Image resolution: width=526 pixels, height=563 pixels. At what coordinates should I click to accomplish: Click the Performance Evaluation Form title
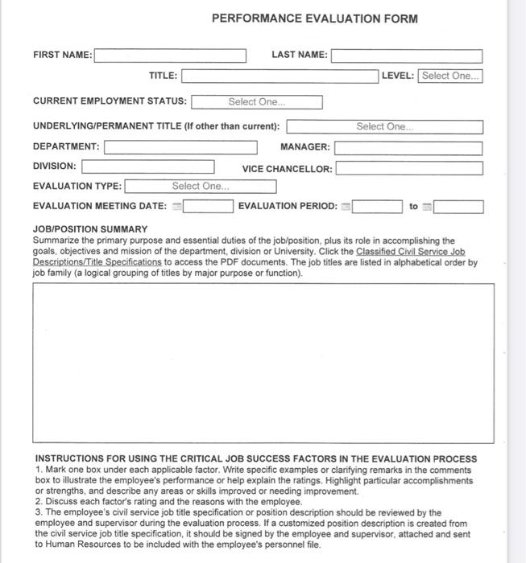(x=315, y=18)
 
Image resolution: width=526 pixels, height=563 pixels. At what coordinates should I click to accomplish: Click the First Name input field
(x=170, y=55)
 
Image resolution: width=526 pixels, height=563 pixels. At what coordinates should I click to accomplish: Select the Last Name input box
(x=407, y=55)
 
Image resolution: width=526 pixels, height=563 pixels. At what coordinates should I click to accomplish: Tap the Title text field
(x=280, y=76)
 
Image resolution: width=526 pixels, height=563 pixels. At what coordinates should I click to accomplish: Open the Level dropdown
(x=450, y=76)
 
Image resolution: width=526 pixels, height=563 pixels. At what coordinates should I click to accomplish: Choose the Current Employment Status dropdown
(x=257, y=102)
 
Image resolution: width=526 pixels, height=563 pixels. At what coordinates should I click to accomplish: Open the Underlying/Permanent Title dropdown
(x=385, y=127)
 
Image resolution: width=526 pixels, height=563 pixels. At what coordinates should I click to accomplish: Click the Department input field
(x=180, y=147)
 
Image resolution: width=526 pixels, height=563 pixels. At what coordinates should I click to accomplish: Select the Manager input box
(x=408, y=148)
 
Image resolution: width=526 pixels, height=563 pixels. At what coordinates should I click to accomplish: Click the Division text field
(x=148, y=166)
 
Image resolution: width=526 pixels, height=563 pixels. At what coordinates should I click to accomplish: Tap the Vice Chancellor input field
(x=409, y=169)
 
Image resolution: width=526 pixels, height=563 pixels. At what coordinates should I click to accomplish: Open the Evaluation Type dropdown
(x=201, y=187)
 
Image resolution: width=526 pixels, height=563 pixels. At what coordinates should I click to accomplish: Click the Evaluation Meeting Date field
(x=208, y=207)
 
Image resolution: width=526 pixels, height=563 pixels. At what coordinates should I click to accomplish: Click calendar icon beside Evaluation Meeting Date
(x=177, y=207)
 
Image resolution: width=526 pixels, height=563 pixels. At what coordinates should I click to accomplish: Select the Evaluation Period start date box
(x=377, y=207)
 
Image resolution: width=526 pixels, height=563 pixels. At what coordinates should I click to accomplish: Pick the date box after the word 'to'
(x=459, y=207)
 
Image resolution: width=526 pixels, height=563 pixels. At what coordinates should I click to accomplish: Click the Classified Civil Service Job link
(x=411, y=252)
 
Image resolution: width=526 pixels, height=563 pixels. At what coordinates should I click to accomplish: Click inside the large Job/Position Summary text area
(x=263, y=363)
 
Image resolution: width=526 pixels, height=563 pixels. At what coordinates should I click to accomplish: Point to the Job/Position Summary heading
(x=90, y=229)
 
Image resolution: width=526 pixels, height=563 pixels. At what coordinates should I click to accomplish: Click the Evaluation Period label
(x=288, y=207)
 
